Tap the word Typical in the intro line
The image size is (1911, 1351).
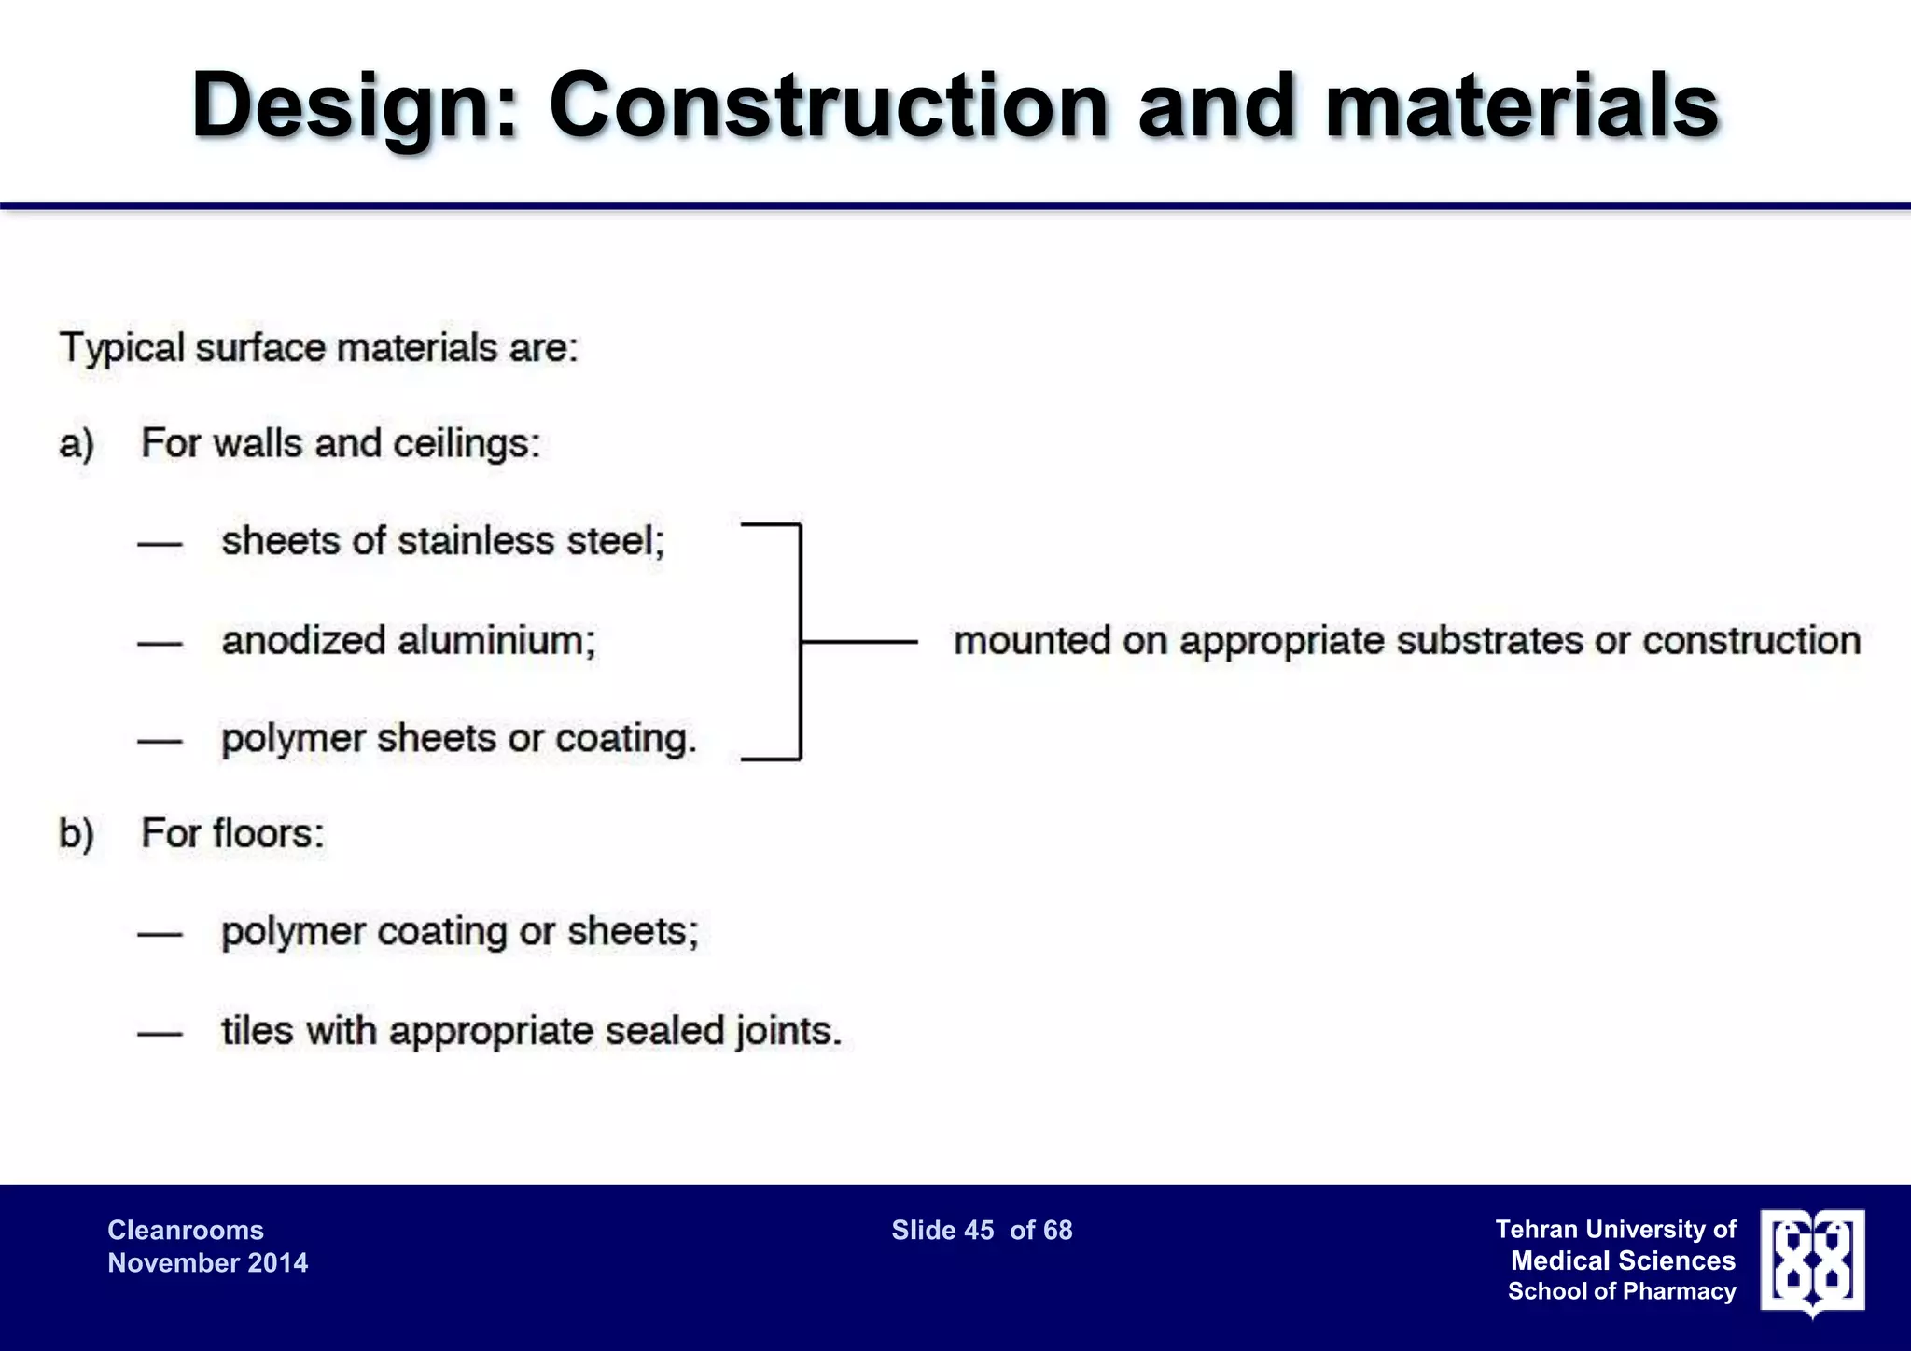click(121, 349)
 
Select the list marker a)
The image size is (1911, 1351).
click(77, 444)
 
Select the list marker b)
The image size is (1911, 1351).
click(77, 833)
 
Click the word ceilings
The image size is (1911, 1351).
click(466, 444)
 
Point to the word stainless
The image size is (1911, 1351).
click(476, 541)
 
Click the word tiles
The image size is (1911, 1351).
click(257, 1031)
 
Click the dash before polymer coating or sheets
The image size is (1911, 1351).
click(160, 934)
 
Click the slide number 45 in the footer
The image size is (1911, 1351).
click(979, 1231)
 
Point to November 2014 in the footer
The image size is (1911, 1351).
click(207, 1263)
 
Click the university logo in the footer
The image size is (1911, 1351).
click(1812, 1262)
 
